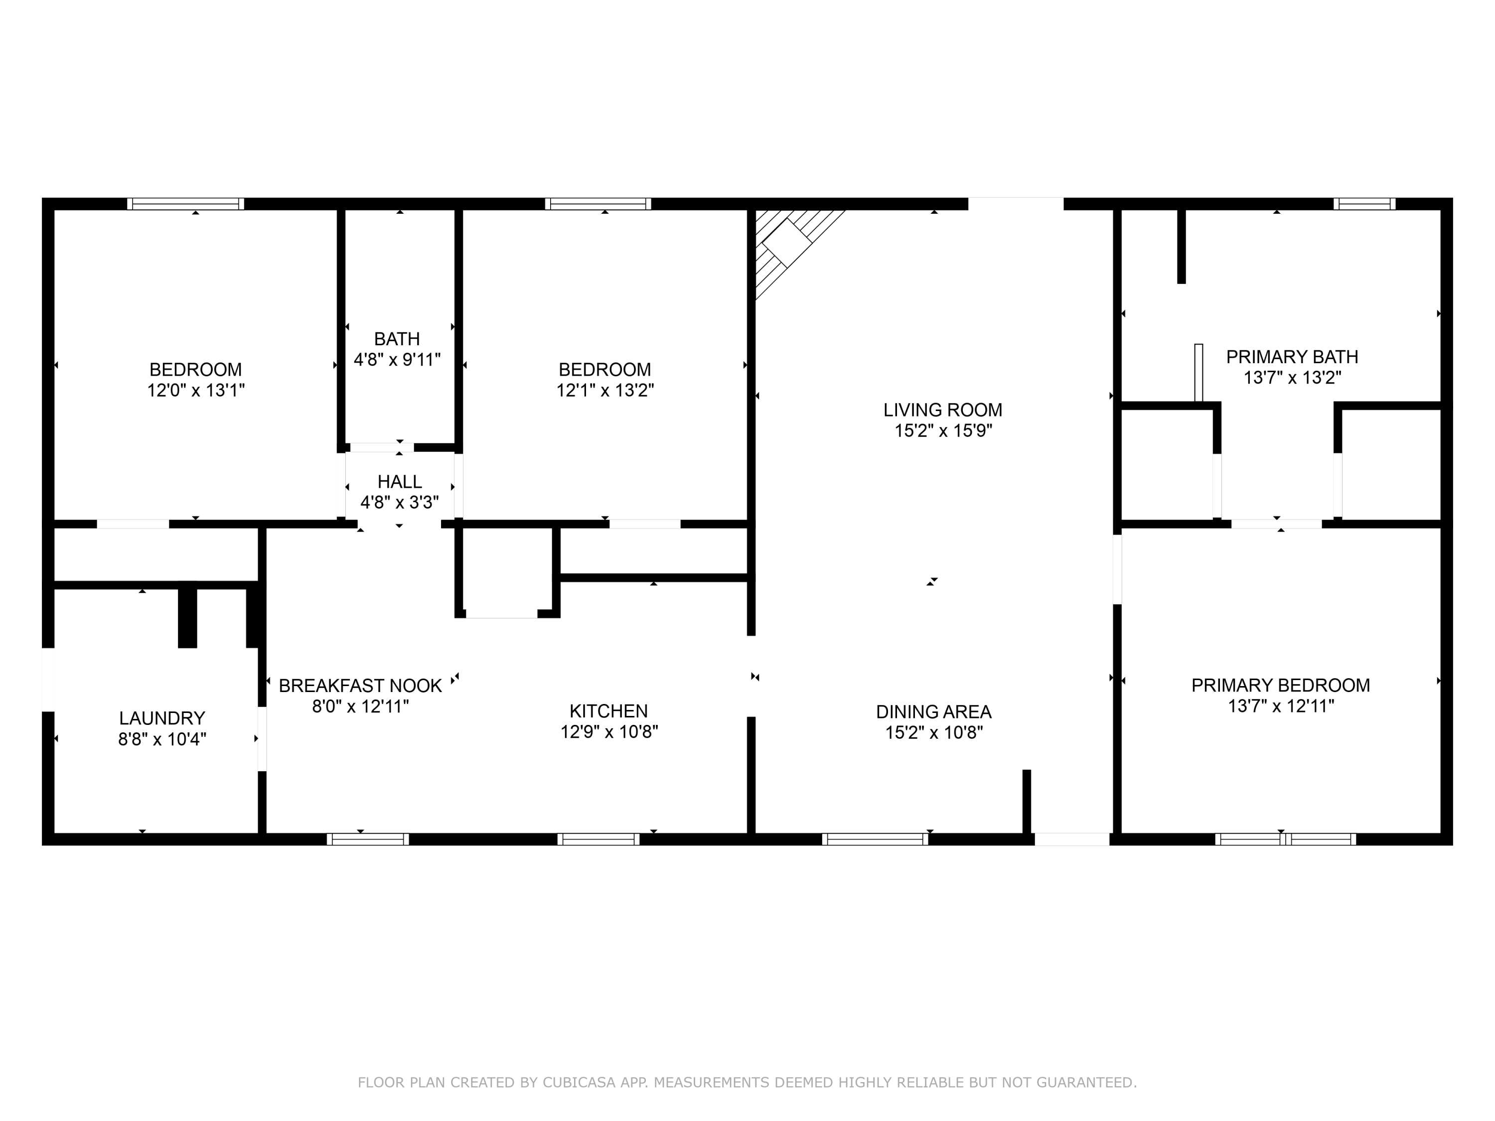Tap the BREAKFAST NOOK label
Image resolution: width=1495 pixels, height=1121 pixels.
[360, 686]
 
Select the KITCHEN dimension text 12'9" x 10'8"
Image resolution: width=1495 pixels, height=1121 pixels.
[609, 732]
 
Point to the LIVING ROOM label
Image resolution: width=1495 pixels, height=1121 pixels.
[943, 410]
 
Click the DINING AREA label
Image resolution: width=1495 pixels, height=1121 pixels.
[934, 711]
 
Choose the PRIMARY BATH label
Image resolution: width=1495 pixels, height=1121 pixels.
[1292, 357]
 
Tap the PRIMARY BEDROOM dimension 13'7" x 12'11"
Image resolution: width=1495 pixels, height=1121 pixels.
[1281, 706]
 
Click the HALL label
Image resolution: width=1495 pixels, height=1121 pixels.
[400, 482]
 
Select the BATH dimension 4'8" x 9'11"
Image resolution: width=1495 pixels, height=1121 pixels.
[397, 360]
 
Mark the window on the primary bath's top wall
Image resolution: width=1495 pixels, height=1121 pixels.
[1364, 203]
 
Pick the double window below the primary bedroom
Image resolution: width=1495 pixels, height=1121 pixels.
[1286, 839]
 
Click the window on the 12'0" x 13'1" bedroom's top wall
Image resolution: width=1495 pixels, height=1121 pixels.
[186, 203]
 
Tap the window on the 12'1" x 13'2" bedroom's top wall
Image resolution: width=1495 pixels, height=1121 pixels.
[598, 203]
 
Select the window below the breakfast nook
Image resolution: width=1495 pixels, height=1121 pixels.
[368, 839]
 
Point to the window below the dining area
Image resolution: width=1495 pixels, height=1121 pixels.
[875, 839]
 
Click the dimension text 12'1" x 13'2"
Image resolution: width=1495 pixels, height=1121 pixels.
[605, 391]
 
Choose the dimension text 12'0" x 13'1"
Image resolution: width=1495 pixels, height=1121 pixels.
[196, 391]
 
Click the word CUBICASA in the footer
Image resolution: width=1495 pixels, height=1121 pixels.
[579, 1083]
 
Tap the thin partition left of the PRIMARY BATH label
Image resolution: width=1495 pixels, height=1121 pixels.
[1198, 373]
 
